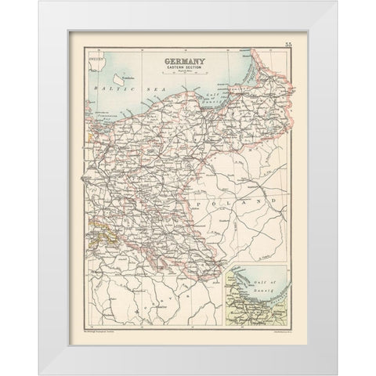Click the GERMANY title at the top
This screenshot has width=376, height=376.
187,60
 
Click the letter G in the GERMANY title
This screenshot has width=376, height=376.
163,60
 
